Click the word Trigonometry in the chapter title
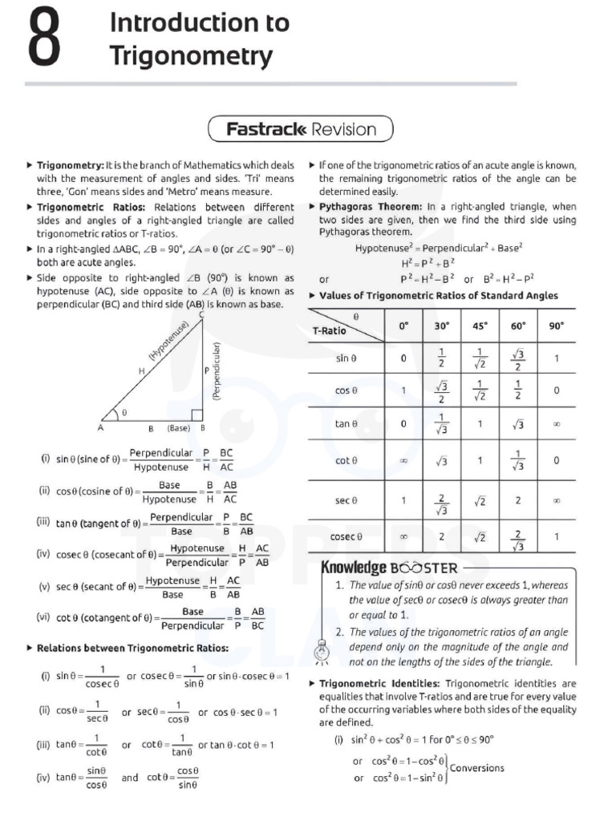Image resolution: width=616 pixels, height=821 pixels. point(191,57)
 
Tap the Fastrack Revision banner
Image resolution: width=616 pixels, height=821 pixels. point(301,129)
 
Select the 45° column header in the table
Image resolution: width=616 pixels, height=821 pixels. point(480,326)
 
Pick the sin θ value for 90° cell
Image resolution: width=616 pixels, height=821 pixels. point(556,358)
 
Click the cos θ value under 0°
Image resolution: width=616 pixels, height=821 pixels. point(403,390)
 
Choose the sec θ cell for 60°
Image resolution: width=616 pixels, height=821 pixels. point(517,499)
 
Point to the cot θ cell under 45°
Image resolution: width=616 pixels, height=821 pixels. point(480,461)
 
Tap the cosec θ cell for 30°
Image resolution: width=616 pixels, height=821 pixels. point(441,536)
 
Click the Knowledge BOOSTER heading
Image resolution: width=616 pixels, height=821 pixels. point(389,568)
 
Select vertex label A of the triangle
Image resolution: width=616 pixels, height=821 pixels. point(101,428)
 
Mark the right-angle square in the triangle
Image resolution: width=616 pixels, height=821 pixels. point(197,415)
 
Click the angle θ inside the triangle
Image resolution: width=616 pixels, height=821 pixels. point(124,413)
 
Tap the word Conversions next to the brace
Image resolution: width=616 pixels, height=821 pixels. point(477,768)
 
